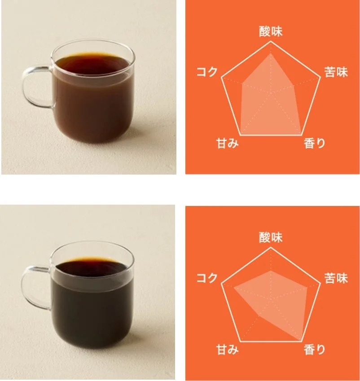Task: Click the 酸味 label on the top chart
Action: click(x=271, y=31)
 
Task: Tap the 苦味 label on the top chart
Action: click(x=336, y=72)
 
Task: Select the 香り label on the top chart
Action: click(x=314, y=144)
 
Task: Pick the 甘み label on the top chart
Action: click(x=227, y=144)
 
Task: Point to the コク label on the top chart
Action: click(x=207, y=72)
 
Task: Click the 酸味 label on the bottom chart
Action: click(x=271, y=237)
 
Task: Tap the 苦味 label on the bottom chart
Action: click(x=336, y=278)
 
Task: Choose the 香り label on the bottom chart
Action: click(x=314, y=350)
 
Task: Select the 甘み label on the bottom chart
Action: click(x=227, y=350)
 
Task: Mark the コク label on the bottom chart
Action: click(x=207, y=278)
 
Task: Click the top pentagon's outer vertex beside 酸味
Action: click(x=271, y=42)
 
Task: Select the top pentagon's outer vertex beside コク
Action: click(x=222, y=79)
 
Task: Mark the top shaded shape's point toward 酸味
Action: click(x=271, y=54)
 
